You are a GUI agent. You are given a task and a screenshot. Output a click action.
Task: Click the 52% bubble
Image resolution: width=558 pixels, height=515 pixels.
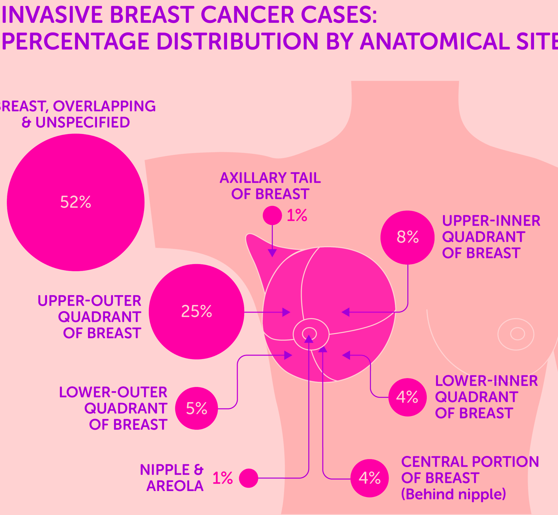76,202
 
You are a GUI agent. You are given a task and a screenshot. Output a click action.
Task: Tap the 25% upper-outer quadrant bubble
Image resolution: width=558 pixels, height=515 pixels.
197,312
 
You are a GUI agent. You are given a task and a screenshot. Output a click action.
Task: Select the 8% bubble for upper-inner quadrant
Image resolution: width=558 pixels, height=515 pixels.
408,238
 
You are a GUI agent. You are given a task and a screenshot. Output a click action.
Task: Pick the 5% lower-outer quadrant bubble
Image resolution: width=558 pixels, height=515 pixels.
197,408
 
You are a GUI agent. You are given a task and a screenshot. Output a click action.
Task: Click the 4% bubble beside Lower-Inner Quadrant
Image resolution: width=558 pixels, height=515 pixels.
408,397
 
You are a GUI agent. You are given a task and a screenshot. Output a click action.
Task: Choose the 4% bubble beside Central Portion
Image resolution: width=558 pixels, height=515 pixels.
370,478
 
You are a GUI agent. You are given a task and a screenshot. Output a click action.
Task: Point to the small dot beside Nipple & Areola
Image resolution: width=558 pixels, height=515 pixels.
248,478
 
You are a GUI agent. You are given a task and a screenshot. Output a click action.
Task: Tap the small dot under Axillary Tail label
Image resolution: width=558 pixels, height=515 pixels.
272,216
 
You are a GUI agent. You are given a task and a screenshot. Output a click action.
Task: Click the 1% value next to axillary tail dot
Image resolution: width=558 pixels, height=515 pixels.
297,215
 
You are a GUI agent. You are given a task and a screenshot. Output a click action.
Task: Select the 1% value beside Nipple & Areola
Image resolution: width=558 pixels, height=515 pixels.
223,478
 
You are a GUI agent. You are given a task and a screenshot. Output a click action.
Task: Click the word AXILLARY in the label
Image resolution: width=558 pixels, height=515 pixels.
253,178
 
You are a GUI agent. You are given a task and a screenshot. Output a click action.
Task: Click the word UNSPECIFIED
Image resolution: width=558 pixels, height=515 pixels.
83,122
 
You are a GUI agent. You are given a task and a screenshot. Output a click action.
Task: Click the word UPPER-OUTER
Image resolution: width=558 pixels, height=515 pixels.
90,301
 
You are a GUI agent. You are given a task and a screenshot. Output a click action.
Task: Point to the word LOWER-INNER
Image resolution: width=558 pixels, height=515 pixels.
487,381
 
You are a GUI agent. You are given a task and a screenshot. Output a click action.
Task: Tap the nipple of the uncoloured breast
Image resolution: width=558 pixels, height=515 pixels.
517,334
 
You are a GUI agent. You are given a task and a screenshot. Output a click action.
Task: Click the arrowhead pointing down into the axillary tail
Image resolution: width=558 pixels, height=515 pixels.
272,253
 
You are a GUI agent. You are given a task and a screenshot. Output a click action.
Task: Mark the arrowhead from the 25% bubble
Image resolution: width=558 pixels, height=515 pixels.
286,312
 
